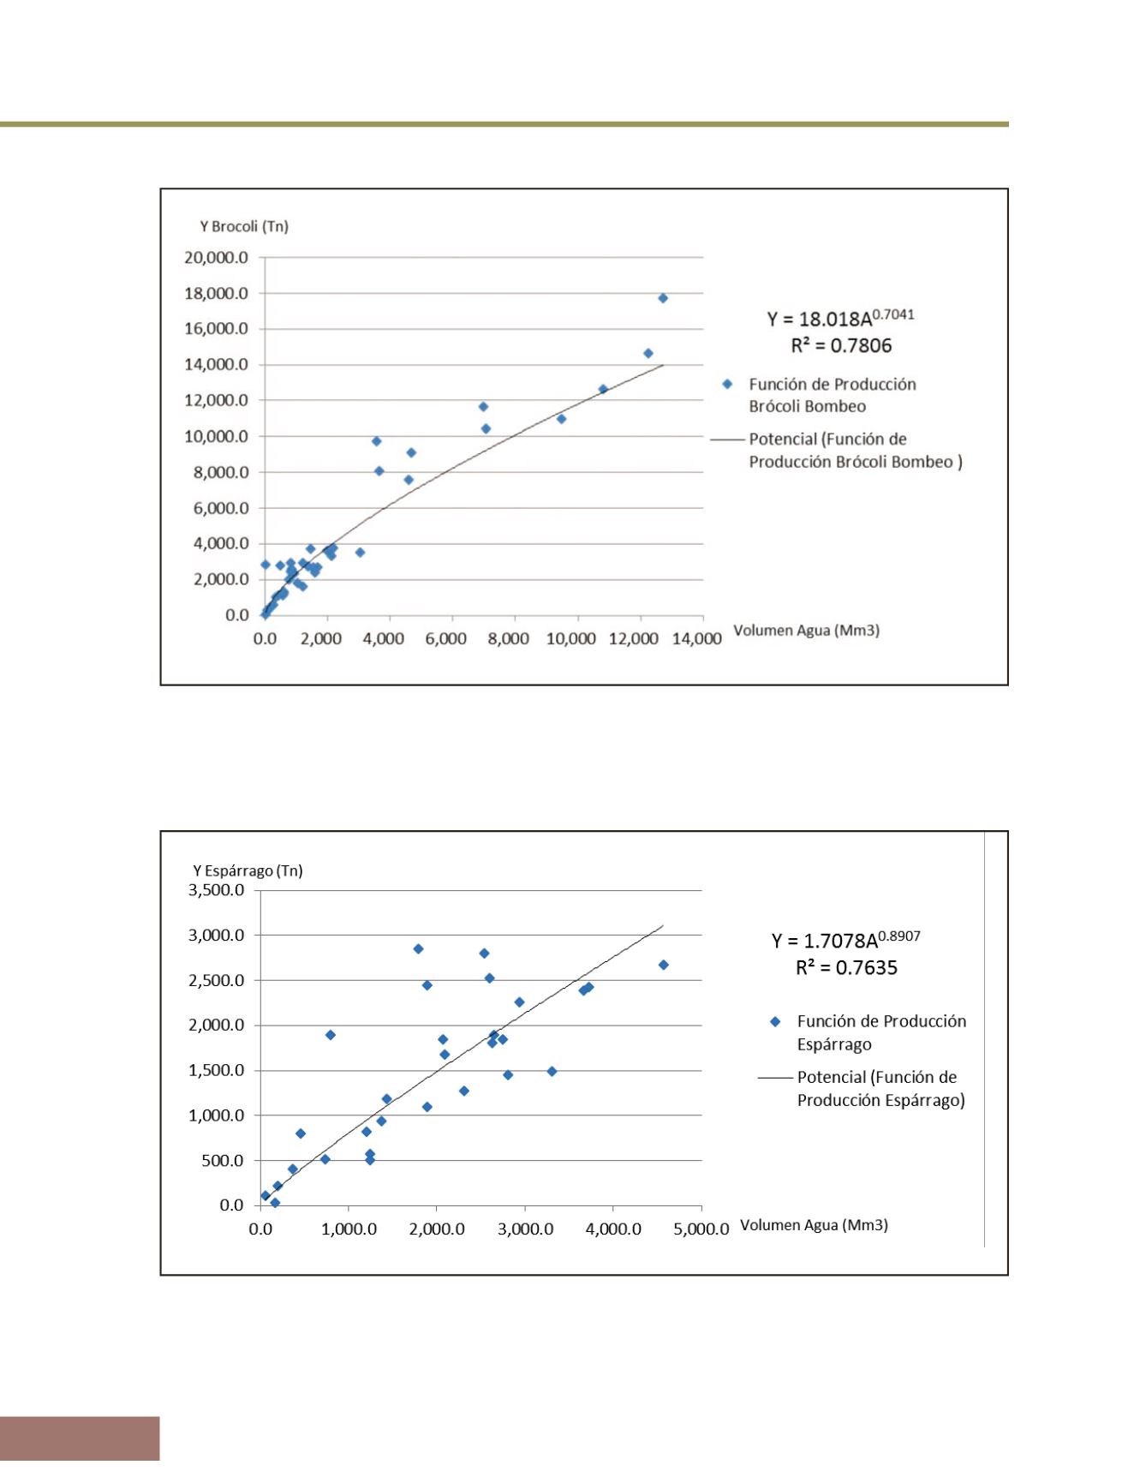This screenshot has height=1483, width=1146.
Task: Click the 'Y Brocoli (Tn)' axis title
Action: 244,226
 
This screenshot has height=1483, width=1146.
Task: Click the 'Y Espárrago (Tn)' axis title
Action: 248,870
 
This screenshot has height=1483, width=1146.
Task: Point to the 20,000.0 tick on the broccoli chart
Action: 216,257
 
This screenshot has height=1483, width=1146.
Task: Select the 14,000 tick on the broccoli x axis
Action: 696,638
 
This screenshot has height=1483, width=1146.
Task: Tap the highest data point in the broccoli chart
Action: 663,298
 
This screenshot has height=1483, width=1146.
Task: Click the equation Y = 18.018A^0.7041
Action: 840,318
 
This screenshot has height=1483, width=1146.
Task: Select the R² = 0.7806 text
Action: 841,345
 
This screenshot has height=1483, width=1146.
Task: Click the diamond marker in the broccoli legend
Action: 727,384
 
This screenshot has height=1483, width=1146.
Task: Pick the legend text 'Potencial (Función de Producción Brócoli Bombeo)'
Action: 856,451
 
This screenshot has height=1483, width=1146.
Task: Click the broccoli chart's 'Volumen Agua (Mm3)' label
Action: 807,631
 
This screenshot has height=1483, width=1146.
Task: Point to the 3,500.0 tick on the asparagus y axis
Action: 216,890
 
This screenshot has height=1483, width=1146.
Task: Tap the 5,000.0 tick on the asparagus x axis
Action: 701,1229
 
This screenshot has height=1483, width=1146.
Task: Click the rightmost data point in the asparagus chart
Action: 663,965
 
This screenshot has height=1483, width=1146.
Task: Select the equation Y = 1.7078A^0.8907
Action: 846,940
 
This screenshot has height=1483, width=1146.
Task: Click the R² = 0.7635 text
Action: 846,967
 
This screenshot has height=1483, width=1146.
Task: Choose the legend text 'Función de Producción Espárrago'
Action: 881,1032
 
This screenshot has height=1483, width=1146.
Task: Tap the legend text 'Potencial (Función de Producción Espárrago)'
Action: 881,1088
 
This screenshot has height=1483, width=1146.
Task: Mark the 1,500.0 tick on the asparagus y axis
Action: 216,1070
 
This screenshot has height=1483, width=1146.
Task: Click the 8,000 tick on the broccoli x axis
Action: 509,638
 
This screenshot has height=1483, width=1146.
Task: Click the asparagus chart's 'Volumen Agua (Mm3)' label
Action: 814,1225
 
